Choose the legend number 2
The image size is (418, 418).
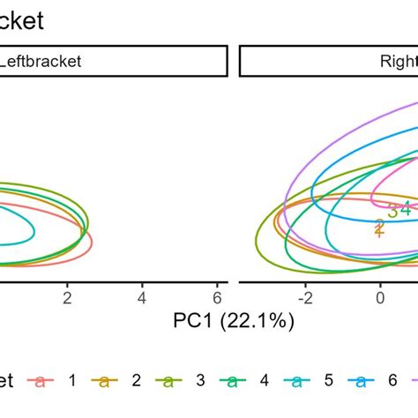click(x=136, y=381)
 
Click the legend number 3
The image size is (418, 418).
click(x=200, y=381)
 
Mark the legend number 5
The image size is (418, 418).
click(x=329, y=381)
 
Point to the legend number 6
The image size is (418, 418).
click(x=393, y=381)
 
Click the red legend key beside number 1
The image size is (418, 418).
click(x=40, y=381)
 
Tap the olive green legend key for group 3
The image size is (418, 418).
click(x=168, y=381)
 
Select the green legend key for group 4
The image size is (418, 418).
click(x=233, y=381)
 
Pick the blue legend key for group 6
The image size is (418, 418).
click(x=362, y=381)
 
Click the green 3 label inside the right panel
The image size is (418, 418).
click(x=392, y=211)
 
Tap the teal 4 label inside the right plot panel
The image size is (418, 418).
click(x=406, y=209)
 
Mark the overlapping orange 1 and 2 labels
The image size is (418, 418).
click(x=379, y=228)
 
